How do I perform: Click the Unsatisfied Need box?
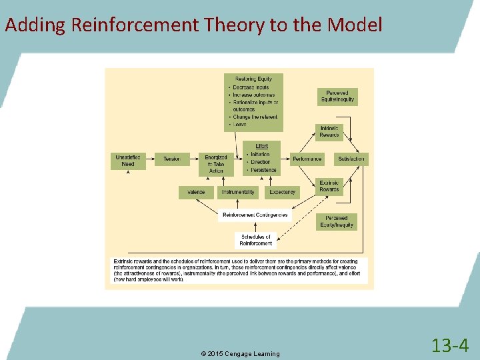[128, 161]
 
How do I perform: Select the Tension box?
[172, 159]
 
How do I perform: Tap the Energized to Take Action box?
[216, 164]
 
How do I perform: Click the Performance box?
[307, 159]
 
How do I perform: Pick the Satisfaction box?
[351, 159]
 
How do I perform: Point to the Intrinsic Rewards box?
[329, 132]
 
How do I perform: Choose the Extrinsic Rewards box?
[329, 186]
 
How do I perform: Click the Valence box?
[196, 192]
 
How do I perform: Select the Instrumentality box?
[238, 192]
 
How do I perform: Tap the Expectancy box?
[282, 192]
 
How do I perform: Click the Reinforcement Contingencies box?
[255, 215]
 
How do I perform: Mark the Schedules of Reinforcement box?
[256, 240]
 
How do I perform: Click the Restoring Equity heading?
[253, 78]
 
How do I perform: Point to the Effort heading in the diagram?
[262, 146]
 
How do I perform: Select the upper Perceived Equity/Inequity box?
[337, 97]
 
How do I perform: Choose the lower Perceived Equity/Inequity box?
[337, 222]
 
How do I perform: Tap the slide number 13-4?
[450, 345]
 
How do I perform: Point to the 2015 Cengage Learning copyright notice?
[241, 353]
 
